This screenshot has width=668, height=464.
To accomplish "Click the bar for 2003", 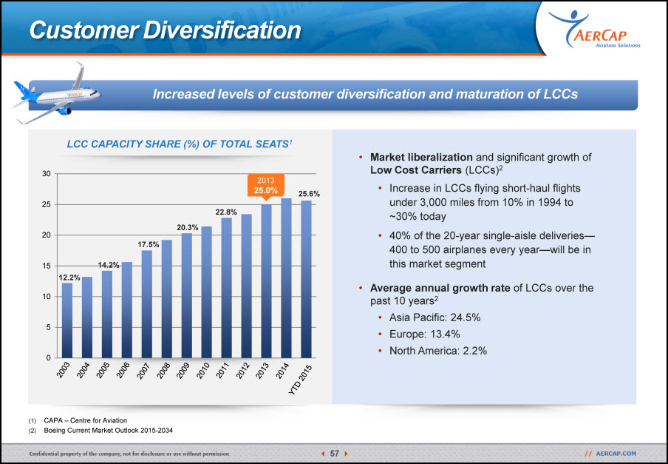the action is click(67, 320).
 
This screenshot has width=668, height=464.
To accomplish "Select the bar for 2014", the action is click(286, 278).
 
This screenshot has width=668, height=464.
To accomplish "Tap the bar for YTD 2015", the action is click(306, 279).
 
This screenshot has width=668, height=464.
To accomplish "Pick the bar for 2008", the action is click(166, 299).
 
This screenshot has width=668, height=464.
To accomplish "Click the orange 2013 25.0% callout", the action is click(266, 186).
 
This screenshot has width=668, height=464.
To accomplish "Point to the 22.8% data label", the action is click(226, 212).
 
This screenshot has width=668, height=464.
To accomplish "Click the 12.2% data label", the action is click(69, 278).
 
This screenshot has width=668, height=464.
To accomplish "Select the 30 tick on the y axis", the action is click(46, 174).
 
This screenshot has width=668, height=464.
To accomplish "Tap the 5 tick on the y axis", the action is click(48, 327).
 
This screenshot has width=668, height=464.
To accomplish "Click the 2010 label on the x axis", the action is click(203, 370).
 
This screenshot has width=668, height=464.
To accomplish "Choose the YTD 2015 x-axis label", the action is click(300, 380).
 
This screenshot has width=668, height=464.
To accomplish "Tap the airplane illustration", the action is click(57, 94).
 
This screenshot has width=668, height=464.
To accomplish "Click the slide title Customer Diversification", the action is click(166, 30).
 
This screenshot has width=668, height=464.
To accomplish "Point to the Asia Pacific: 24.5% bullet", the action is click(434, 317).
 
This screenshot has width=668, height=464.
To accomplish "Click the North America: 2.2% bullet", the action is click(438, 351).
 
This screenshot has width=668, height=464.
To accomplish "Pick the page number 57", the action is click(335, 454).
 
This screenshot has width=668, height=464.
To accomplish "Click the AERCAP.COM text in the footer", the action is click(616, 454).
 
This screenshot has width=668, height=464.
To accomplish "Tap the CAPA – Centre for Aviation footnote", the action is click(85, 420).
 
